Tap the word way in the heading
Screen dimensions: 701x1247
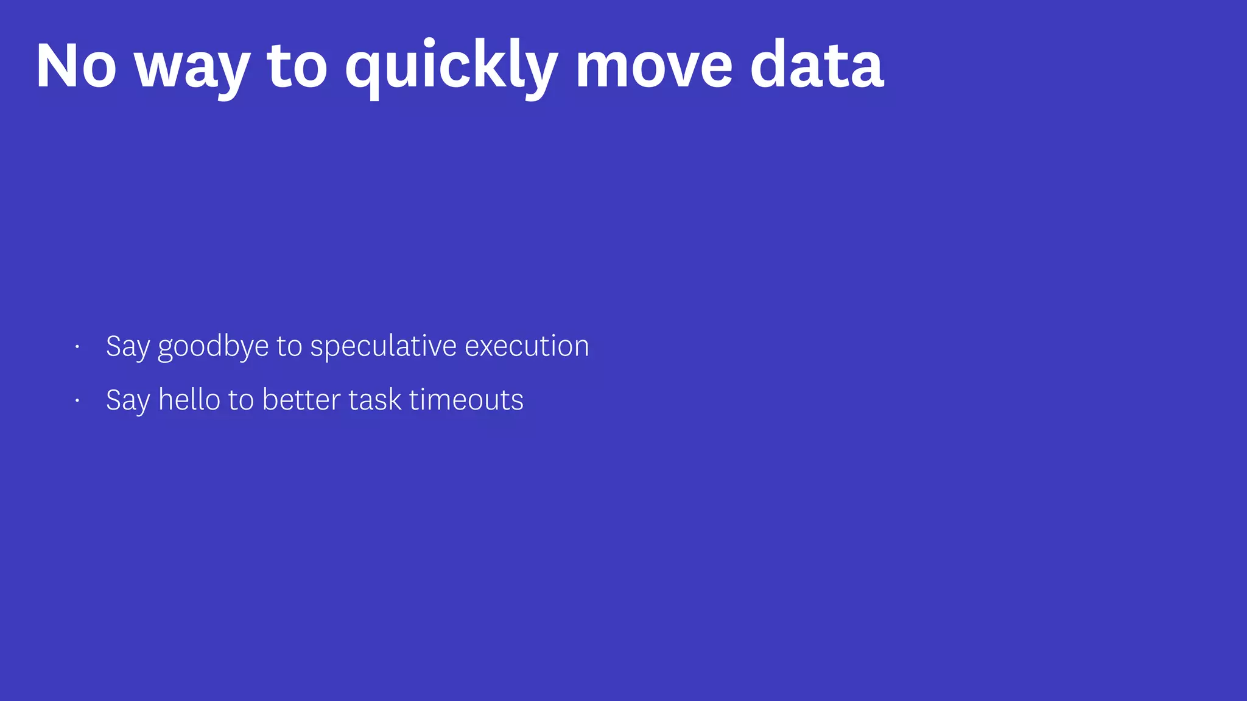(192, 68)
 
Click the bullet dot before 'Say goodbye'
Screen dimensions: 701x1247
(77, 347)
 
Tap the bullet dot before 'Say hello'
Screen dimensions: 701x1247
(77, 401)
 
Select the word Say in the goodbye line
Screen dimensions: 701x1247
(127, 347)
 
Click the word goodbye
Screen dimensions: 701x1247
(213, 347)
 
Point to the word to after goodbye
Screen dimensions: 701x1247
(289, 347)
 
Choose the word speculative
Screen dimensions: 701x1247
(384, 347)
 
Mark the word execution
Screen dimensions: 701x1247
(527, 346)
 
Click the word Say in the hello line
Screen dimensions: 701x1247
(127, 400)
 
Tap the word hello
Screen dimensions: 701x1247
(189, 400)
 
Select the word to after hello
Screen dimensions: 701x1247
(241, 400)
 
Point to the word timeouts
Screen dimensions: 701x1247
(466, 400)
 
